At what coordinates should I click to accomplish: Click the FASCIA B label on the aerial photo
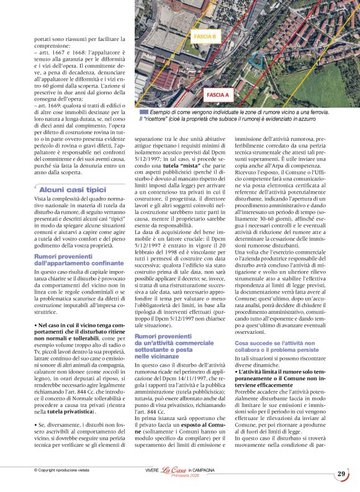coord(205,37)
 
